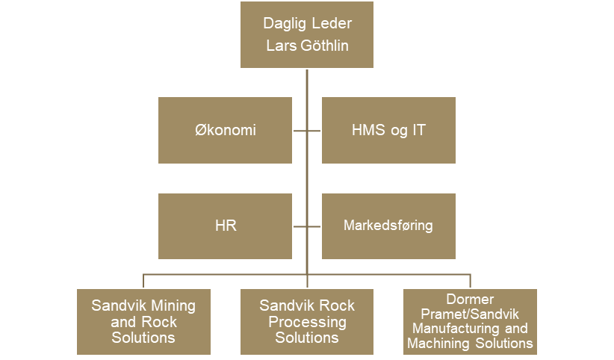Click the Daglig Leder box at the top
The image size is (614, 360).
307,34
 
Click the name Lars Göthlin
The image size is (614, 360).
307,46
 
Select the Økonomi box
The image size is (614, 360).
225,130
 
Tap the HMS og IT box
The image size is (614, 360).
388,130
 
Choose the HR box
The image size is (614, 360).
225,225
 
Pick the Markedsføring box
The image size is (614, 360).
388,225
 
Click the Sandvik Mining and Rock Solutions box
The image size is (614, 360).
143,321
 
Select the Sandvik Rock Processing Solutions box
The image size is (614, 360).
307,321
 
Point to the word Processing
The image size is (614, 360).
307,322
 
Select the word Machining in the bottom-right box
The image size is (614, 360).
438,343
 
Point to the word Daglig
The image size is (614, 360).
284,23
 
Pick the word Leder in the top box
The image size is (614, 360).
332,23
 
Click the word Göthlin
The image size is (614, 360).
325,46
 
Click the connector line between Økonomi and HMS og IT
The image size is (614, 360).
307,130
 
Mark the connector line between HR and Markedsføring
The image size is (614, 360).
307,225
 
